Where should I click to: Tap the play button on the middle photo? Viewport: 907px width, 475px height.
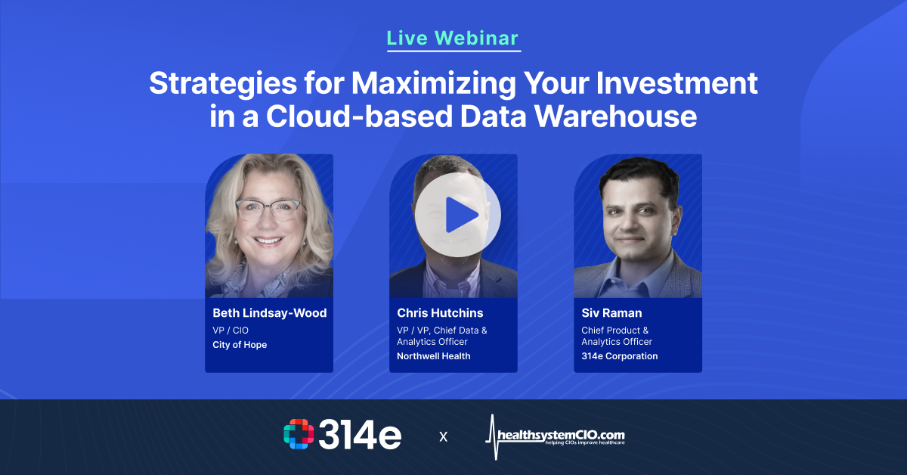point(457,214)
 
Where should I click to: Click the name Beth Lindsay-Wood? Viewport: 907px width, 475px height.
point(269,313)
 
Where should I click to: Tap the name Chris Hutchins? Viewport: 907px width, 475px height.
point(440,313)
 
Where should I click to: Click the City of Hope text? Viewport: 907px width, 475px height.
point(240,345)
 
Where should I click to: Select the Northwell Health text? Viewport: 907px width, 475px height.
point(434,356)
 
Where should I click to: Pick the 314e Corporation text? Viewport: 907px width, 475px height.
point(619,356)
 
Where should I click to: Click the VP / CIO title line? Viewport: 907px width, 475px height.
point(231,331)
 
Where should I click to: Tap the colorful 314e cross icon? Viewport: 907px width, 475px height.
point(299,435)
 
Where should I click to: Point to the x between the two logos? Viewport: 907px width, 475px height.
point(443,436)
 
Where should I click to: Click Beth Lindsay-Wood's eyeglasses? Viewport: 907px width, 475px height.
point(268,210)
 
